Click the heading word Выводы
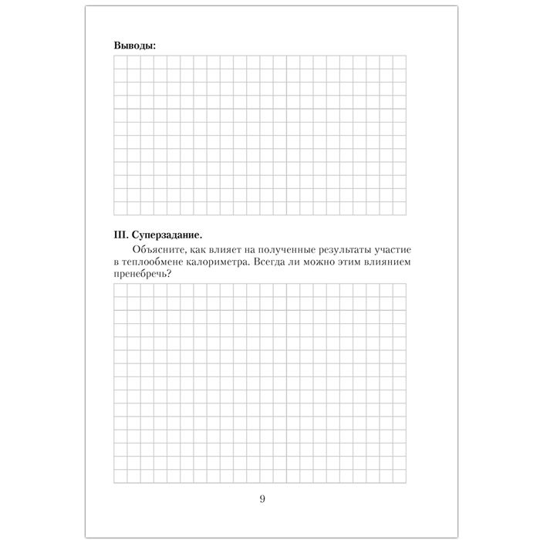point(134,46)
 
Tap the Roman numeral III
point(120,234)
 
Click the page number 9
point(262,498)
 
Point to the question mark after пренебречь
point(169,276)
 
